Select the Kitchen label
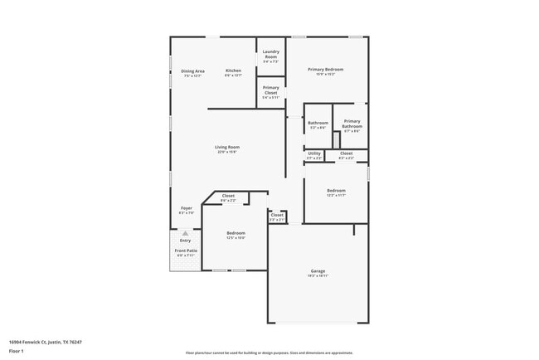click(234, 71)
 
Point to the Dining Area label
click(192, 71)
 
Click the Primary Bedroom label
click(326, 69)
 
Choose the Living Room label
click(227, 147)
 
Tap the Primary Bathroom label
click(352, 123)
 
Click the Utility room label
click(314, 153)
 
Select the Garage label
click(318, 270)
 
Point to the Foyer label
click(187, 208)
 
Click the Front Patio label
click(185, 250)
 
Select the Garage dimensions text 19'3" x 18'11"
click(318, 275)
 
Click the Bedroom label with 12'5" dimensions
click(236, 233)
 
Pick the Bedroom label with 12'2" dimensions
click(336, 190)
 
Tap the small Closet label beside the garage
click(277, 215)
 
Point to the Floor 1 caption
click(17, 350)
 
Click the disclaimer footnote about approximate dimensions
click(269, 352)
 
